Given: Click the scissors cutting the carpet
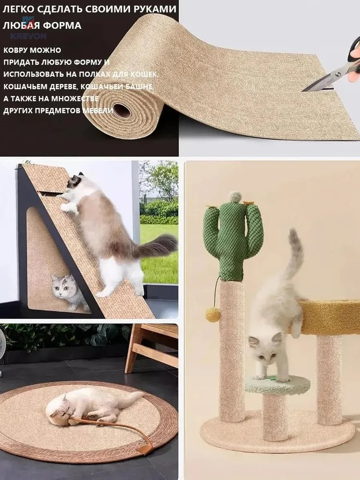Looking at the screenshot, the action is pos(334,71).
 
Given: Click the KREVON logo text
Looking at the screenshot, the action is pos(28,36).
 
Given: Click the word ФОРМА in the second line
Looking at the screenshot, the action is pos(62,25).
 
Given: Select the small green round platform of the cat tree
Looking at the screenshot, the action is pos(277,384).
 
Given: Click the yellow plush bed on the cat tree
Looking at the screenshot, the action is pos(329,317).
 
